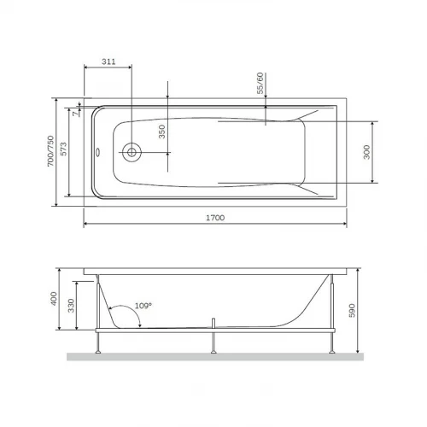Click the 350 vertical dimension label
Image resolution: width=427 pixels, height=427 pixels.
point(161,133)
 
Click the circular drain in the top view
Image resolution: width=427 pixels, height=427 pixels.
point(132,153)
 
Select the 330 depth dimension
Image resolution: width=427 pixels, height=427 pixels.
point(73,309)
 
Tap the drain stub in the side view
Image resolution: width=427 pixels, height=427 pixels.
point(213,323)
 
